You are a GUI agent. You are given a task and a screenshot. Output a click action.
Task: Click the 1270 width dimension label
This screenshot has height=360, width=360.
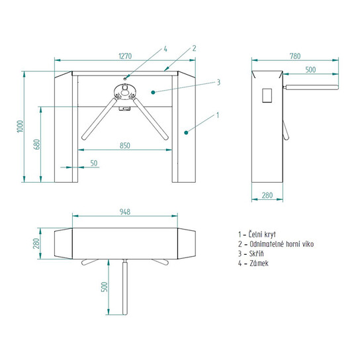coord(125,56)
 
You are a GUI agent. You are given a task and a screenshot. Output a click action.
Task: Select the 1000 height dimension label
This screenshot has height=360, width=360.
coord(21,126)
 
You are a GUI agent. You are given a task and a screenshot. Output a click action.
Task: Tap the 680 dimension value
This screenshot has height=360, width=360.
coord(37,144)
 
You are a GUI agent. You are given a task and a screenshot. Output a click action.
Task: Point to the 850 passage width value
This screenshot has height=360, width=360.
coord(125,146)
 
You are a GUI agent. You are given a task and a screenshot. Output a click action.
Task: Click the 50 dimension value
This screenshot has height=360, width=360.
coord(94,163)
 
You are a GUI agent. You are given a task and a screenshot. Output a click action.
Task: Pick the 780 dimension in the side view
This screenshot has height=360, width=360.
coord(295,56)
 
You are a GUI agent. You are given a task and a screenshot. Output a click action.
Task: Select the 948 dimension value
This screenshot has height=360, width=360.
coord(125,212)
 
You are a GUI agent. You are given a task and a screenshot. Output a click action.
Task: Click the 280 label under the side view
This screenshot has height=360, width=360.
coord(267,195)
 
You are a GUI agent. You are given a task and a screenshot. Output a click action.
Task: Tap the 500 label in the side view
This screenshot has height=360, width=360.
coord(310,69)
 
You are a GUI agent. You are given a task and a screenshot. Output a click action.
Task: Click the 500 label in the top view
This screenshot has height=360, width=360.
coord(105,287)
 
